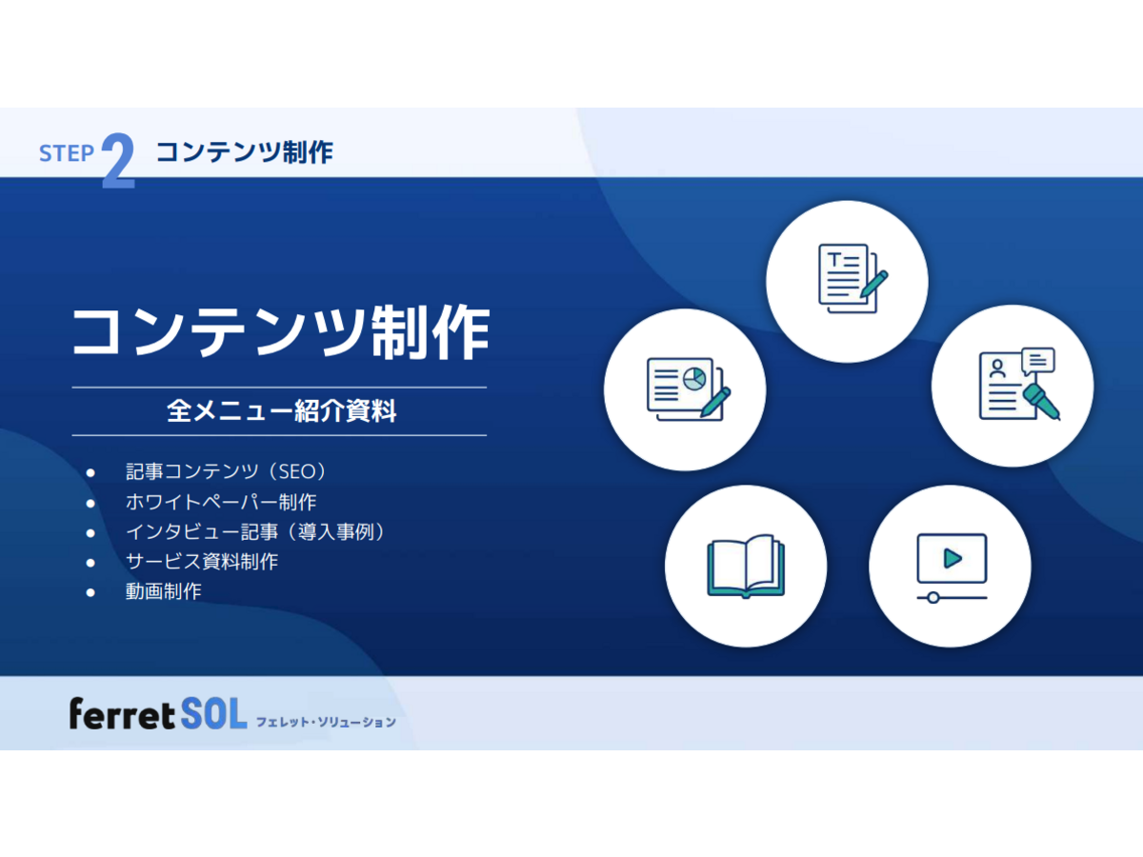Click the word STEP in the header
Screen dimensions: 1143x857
point(66,153)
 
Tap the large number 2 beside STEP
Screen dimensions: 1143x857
point(119,160)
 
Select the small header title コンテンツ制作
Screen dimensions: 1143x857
point(245,152)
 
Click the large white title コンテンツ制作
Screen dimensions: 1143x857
point(281,332)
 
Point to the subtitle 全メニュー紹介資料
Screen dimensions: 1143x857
point(281,411)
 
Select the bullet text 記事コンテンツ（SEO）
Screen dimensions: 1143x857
point(226,471)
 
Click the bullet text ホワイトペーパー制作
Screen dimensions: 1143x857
point(221,502)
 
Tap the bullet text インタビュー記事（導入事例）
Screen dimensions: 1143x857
point(255,531)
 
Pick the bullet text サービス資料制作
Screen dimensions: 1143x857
point(202,562)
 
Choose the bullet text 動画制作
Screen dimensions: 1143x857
point(164,591)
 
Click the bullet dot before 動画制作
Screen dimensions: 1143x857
point(90,592)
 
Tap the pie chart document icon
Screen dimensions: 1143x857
point(689,389)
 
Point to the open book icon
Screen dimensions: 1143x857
point(746,567)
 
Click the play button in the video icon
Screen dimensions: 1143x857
point(952,559)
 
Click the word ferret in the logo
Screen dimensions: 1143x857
point(122,714)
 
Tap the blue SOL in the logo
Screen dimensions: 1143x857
point(213,714)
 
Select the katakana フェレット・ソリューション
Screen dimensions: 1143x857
point(326,722)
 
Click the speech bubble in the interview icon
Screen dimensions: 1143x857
point(1038,361)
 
